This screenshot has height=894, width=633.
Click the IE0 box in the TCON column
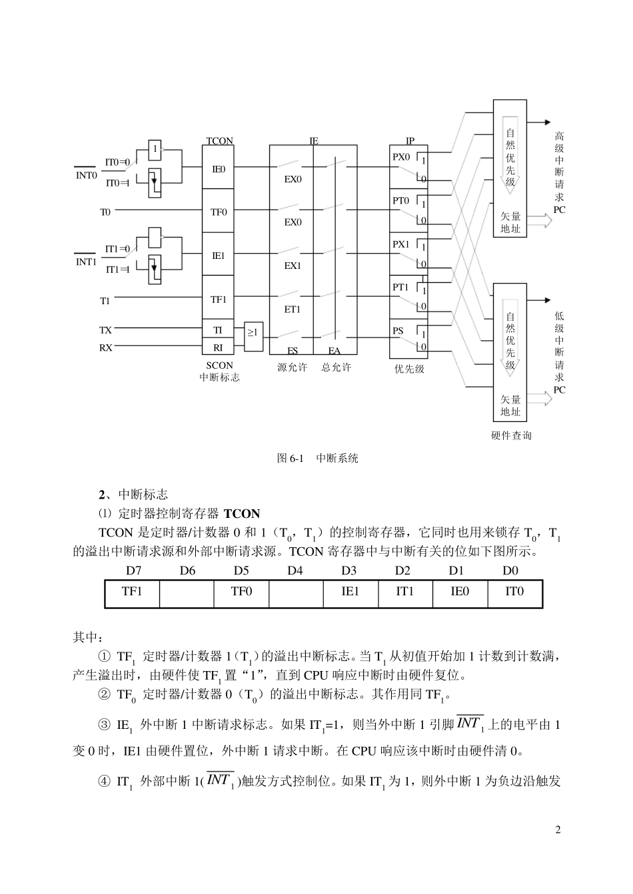(x=219, y=169)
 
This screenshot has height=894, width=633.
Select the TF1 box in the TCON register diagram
(x=219, y=300)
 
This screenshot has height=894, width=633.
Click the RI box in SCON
(x=219, y=347)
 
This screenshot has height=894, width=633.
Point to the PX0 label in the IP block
(x=401, y=158)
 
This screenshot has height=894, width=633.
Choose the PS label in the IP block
(x=398, y=331)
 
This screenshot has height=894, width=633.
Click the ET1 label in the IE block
(x=293, y=310)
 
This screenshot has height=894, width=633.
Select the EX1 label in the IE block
(x=293, y=266)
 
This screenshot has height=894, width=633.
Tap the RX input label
(x=106, y=347)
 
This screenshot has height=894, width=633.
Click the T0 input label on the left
(x=105, y=212)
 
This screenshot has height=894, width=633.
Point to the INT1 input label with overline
(x=86, y=262)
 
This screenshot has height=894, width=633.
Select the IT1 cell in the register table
(x=405, y=591)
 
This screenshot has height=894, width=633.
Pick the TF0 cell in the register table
(x=241, y=591)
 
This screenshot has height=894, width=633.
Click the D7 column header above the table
(x=133, y=570)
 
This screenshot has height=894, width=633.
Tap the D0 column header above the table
(x=510, y=570)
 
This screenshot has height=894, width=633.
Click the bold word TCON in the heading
(x=242, y=513)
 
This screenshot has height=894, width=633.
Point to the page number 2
(x=558, y=829)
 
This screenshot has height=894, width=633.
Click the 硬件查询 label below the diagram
(x=511, y=435)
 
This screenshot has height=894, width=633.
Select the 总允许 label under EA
(x=336, y=367)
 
